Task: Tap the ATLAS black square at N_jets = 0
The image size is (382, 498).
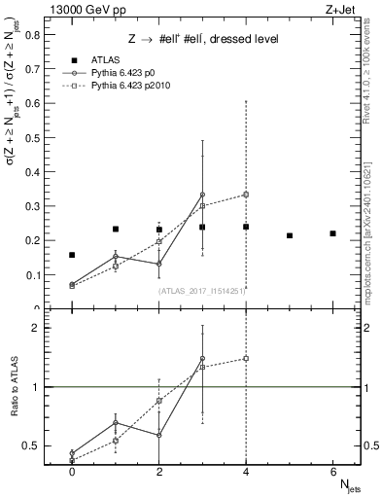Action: coord(72,255)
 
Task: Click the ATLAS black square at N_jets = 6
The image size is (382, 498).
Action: coord(332,233)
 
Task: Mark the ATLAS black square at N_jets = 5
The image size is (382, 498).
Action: coord(290,235)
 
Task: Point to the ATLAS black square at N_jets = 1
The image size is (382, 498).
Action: coord(116,230)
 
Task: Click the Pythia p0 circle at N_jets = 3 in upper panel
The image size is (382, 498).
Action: coord(202,195)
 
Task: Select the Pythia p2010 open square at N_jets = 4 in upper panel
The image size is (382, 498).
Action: coord(246,195)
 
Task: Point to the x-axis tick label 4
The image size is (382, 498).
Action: coord(246,471)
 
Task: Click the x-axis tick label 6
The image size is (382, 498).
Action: coord(332,471)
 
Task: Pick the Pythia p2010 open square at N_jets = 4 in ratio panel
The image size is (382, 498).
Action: coord(246,358)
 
